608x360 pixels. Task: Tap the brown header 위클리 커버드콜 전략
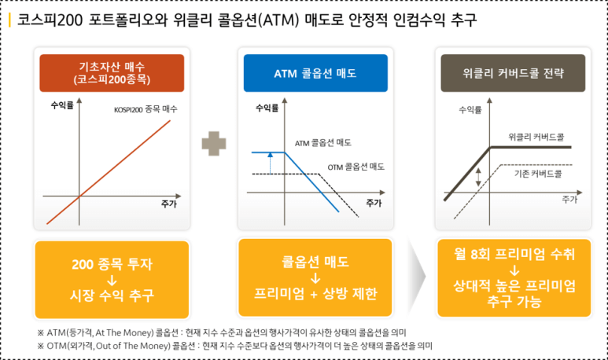click(x=513, y=73)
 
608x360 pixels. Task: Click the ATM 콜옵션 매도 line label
click(x=322, y=142)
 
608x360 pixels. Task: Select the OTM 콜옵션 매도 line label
click(x=356, y=167)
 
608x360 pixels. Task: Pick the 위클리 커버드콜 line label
click(x=536, y=136)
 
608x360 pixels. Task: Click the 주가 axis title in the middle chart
click(x=374, y=203)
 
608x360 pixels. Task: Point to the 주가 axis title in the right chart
click(x=569, y=200)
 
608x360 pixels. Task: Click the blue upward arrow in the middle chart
click(x=269, y=161)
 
